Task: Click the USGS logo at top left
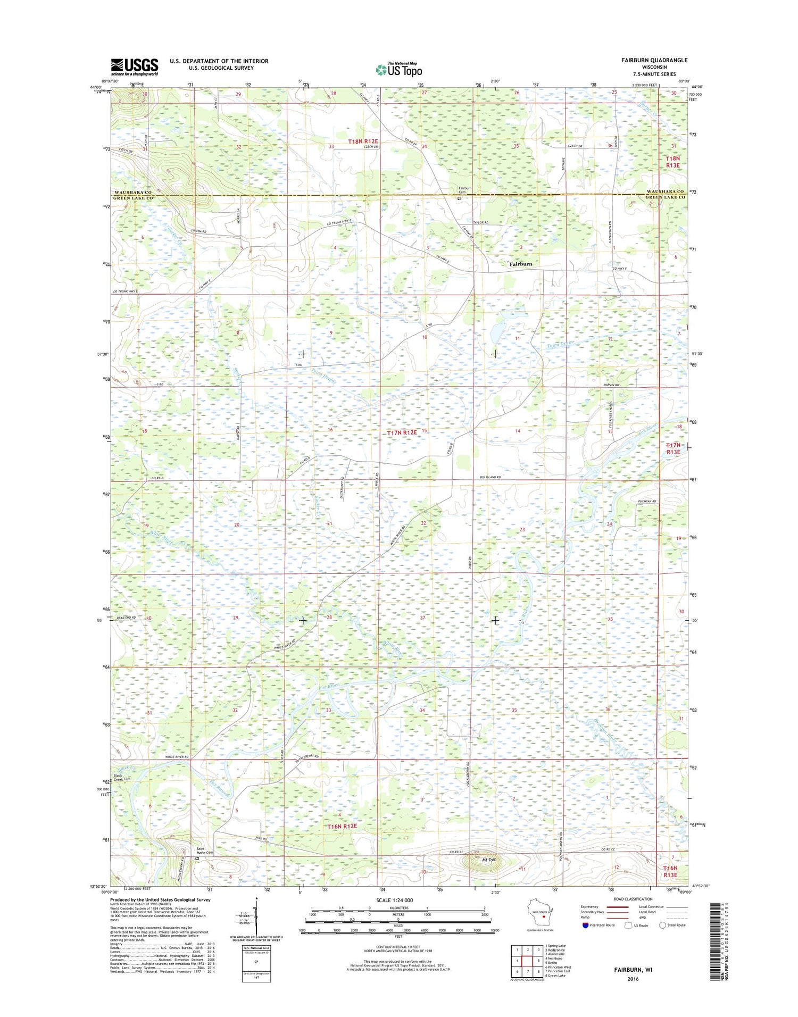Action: click(134, 66)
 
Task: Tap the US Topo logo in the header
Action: click(399, 69)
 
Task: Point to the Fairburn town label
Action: click(520, 264)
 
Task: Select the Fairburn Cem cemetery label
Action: click(465, 190)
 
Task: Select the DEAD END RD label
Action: click(126, 618)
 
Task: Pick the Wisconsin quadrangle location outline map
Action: click(538, 915)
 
